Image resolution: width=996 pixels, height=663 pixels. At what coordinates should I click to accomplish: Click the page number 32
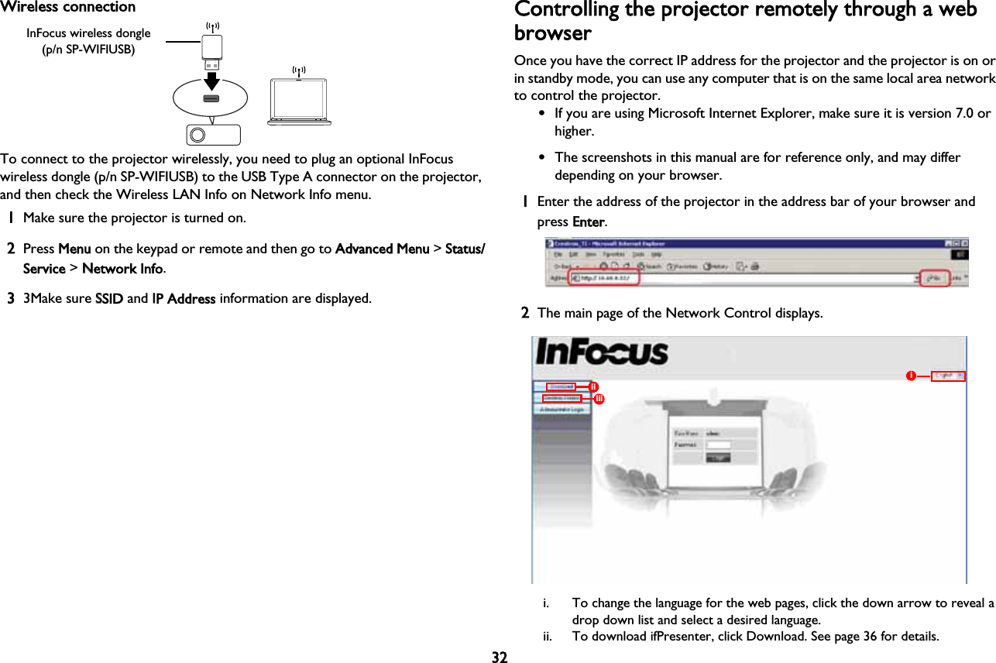pyautogui.click(x=500, y=657)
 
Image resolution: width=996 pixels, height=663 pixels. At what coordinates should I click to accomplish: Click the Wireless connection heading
pyautogui.click(x=68, y=8)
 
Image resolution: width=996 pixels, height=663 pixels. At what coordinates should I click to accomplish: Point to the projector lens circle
pyautogui.click(x=197, y=135)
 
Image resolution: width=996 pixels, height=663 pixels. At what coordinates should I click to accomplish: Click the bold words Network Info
pyautogui.click(x=122, y=269)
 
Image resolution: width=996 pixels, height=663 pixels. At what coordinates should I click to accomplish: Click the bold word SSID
pyautogui.click(x=108, y=299)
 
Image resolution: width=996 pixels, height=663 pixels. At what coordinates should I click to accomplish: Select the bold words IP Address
pyautogui.click(x=184, y=299)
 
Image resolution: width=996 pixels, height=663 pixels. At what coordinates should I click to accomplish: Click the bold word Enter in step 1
pyautogui.click(x=589, y=222)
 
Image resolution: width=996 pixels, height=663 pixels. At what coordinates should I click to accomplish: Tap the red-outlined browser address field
pyautogui.click(x=604, y=278)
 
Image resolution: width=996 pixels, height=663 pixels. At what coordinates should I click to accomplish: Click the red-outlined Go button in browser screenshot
pyautogui.click(x=935, y=278)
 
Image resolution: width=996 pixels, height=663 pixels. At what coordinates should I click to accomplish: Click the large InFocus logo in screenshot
pyautogui.click(x=602, y=353)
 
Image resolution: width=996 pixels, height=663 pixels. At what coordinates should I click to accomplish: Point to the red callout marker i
pyautogui.click(x=912, y=376)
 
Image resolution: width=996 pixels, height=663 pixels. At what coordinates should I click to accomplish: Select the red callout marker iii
pyautogui.click(x=599, y=398)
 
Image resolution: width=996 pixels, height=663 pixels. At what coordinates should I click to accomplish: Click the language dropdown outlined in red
pyautogui.click(x=948, y=376)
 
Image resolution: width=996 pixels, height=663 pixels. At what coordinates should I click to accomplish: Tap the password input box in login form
pyautogui.click(x=720, y=445)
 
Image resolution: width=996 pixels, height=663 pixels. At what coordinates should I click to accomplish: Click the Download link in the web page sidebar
pyautogui.click(x=562, y=386)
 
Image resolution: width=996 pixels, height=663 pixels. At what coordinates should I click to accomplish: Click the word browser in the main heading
pyautogui.click(x=552, y=35)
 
